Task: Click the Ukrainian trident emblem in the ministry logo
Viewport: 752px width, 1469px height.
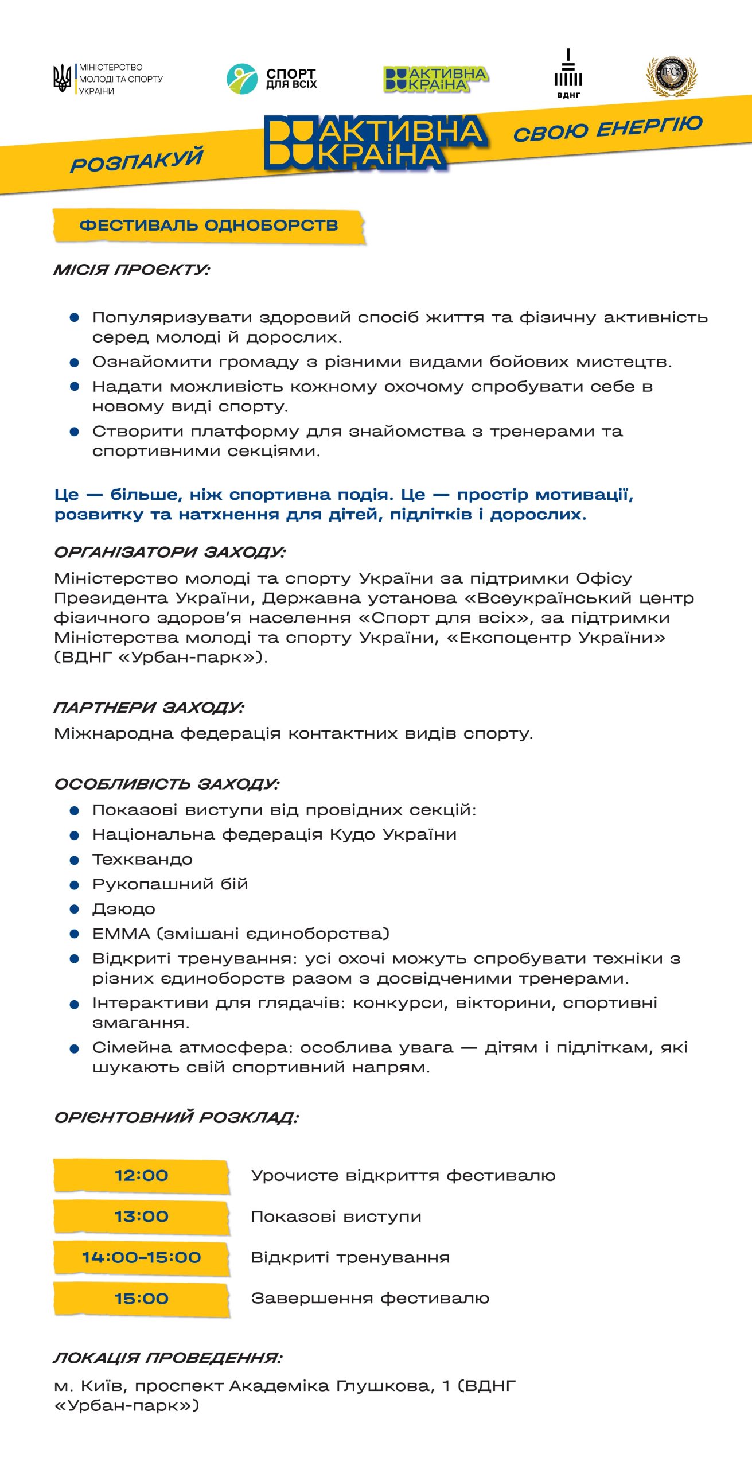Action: [62, 78]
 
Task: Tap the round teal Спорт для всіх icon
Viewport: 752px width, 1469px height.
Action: [241, 79]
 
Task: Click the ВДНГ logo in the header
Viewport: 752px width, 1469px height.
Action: [568, 74]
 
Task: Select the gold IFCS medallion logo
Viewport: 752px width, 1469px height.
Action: [671, 76]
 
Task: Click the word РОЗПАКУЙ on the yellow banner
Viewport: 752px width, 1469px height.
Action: [137, 160]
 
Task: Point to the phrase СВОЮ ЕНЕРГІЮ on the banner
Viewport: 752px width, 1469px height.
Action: [607, 127]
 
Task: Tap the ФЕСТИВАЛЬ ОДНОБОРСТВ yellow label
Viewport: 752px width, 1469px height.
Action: [209, 226]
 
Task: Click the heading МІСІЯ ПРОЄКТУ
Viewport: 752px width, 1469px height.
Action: [132, 270]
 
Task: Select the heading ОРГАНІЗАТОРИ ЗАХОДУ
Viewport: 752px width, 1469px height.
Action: [170, 552]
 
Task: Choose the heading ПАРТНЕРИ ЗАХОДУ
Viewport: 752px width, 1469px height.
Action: [149, 707]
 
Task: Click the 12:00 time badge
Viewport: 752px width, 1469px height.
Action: [142, 1175]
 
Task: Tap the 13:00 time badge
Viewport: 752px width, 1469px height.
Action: [142, 1217]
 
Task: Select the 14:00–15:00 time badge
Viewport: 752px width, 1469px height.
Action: [142, 1257]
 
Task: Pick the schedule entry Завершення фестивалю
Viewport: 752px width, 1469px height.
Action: [370, 1298]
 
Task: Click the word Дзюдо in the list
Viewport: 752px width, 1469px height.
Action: [124, 909]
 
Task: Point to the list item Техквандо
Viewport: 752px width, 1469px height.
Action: [142, 860]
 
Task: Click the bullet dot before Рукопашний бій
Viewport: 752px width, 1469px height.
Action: [74, 885]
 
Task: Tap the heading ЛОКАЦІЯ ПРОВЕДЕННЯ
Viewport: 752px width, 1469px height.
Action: [167, 1358]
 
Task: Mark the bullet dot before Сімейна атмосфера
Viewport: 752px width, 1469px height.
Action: [74, 1049]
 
